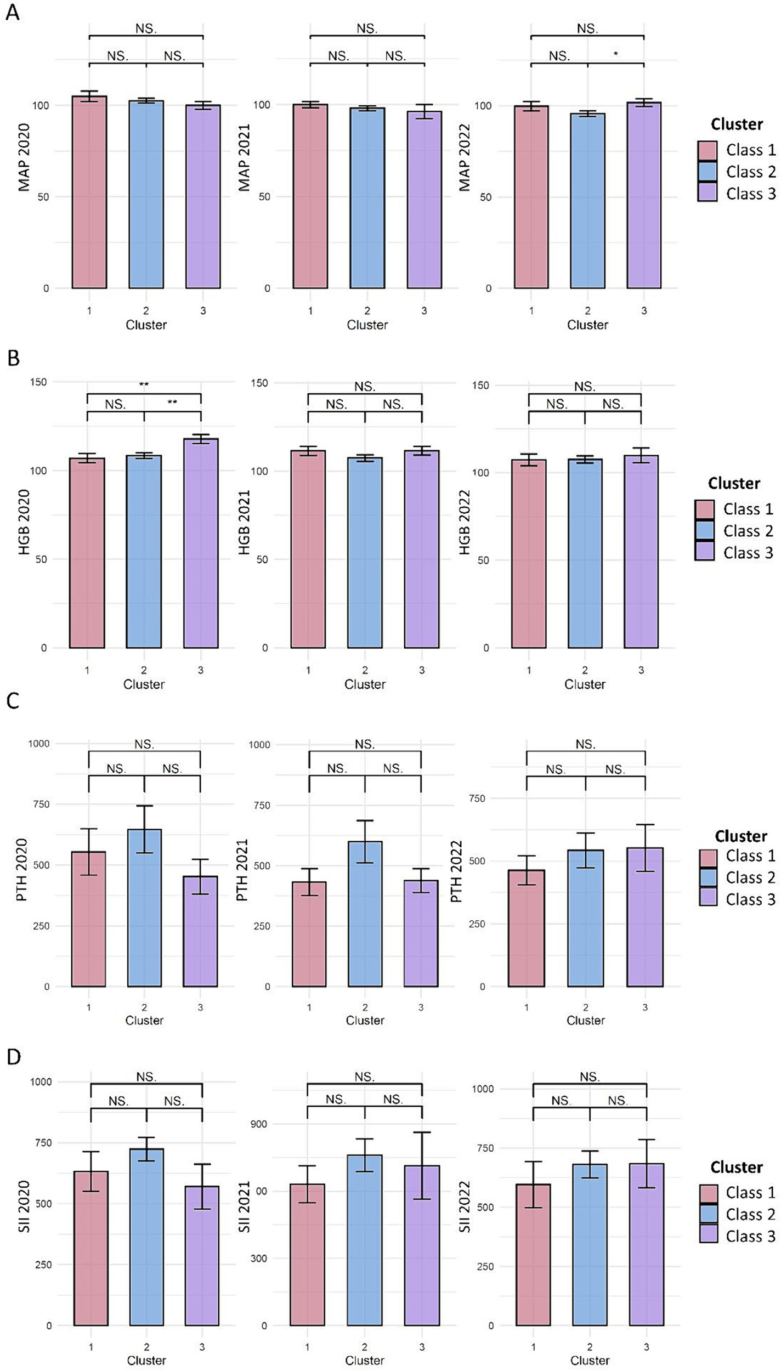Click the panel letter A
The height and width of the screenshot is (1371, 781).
coord(12,12)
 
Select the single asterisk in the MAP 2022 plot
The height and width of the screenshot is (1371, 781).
coord(615,54)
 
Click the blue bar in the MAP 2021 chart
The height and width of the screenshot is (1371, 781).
coord(367,197)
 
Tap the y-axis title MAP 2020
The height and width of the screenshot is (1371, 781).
coord(24,157)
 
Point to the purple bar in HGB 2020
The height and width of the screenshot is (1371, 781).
coord(201,543)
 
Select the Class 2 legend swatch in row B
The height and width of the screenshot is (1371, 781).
coord(704,531)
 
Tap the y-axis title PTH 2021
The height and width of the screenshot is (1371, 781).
coord(242,870)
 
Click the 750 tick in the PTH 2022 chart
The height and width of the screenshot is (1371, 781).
coord(477,798)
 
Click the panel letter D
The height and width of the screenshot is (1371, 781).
coord(13,1057)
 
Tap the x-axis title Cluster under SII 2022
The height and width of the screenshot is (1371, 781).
coord(590,1361)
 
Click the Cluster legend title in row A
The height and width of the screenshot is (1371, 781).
coord(737,124)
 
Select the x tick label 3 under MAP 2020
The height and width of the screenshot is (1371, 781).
coord(203,311)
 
